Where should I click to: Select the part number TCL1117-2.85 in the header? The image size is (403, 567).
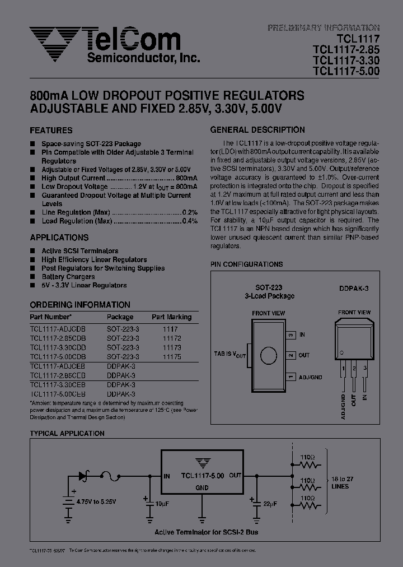tap(346, 50)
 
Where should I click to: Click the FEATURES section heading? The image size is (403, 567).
tap(51, 131)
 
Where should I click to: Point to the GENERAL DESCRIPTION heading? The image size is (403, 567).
tap(257, 130)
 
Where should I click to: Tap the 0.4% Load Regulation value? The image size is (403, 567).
tap(190, 221)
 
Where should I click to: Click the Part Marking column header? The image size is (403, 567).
tap(171, 317)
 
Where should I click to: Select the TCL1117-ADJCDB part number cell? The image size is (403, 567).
tap(58, 330)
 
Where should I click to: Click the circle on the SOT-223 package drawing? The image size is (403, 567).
tap(269, 355)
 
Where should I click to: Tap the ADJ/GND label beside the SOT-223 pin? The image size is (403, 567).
tap(311, 377)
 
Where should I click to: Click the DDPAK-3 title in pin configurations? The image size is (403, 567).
tap(353, 288)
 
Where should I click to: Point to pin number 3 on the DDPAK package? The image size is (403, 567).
tap(365, 368)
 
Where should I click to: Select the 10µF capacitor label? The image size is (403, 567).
tap(162, 504)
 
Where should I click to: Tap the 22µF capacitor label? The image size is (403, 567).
tap(269, 504)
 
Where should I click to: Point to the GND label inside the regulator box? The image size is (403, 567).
tap(201, 488)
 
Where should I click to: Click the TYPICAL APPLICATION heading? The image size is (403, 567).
tap(67, 434)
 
